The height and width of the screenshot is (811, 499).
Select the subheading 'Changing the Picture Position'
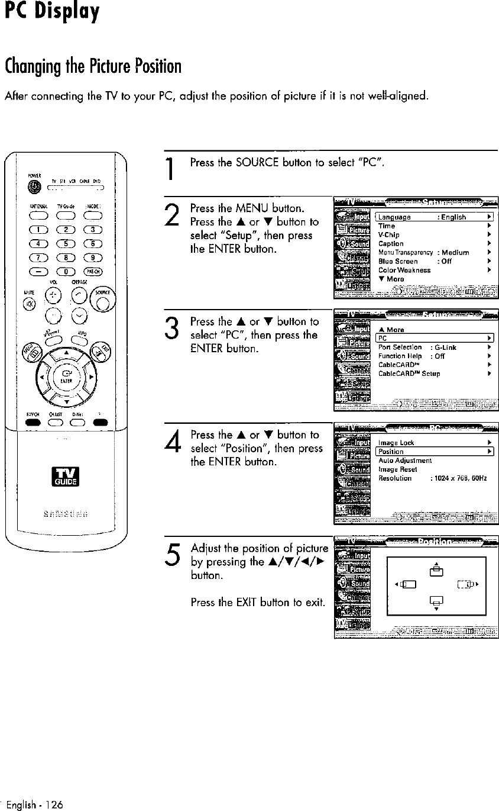pos(91,63)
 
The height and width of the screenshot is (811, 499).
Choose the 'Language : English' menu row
pos(435,217)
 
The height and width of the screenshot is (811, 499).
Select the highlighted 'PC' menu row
pos(435,338)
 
